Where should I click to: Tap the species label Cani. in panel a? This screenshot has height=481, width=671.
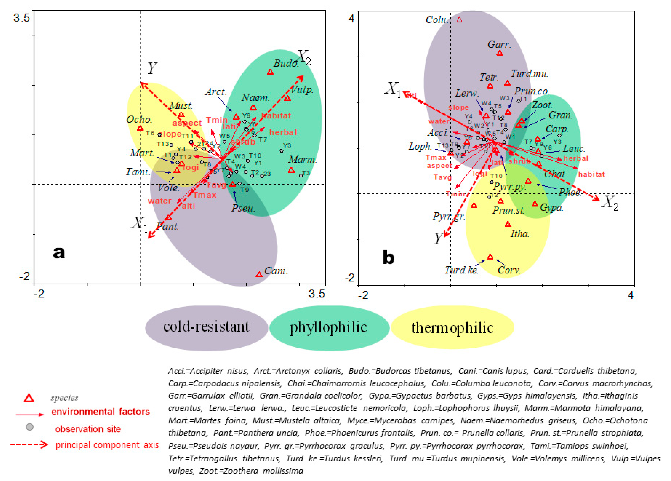pyautogui.click(x=276, y=271)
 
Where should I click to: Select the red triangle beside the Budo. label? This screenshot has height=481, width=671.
pyautogui.click(x=270, y=72)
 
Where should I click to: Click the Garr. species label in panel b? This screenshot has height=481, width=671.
pyautogui.click(x=499, y=45)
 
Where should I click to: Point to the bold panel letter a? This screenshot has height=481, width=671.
pyautogui.click(x=59, y=252)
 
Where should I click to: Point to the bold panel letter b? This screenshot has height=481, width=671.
pyautogui.click(x=389, y=258)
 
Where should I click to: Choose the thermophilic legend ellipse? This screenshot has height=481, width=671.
pyautogui.click(x=452, y=328)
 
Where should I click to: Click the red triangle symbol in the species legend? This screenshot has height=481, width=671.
pyautogui.click(x=29, y=398)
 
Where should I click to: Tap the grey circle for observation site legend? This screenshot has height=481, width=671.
pyautogui.click(x=30, y=427)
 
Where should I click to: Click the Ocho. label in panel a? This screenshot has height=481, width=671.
pyautogui.click(x=139, y=120)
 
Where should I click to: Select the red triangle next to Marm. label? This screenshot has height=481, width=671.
pyautogui.click(x=291, y=170)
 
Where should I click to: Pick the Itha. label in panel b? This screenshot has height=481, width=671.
pyautogui.click(x=519, y=234)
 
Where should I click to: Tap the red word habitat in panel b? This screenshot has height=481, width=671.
pyautogui.click(x=591, y=174)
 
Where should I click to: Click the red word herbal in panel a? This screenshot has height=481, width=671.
pyautogui.click(x=283, y=132)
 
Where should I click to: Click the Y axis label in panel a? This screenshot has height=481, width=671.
pyautogui.click(x=152, y=68)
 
